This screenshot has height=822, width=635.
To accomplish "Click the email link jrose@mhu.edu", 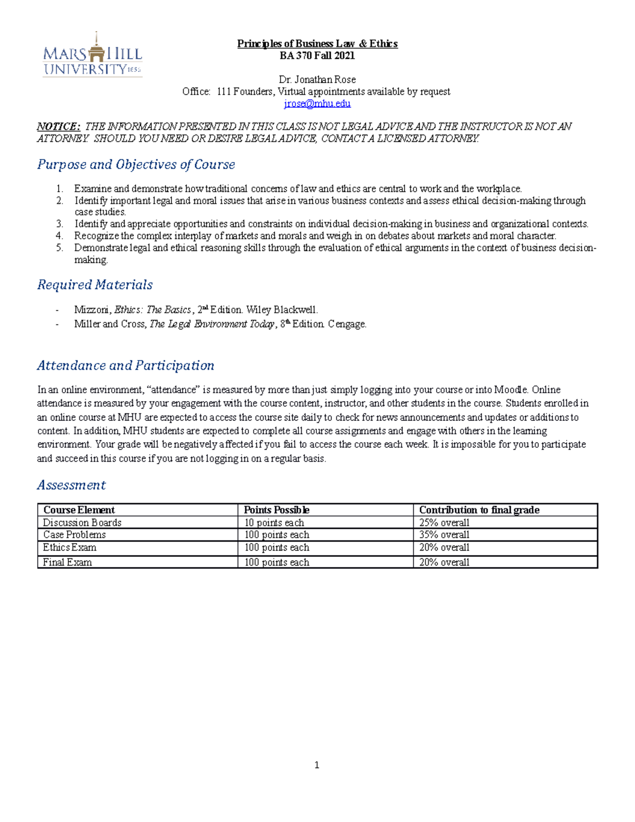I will coord(317,104).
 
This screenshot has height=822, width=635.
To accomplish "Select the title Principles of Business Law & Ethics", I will coord(317,44).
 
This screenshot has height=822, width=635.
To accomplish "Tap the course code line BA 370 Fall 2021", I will coord(317,56).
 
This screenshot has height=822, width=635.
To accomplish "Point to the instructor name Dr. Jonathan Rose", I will coord(317,80).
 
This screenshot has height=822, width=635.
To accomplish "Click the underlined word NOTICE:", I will coord(58,127).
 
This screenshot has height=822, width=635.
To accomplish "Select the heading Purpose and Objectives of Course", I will coord(136,165).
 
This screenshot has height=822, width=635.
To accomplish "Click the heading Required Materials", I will coord(95,285).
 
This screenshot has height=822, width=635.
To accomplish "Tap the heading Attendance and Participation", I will coord(125,366).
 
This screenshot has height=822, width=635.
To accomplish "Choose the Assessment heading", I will coord(71,485).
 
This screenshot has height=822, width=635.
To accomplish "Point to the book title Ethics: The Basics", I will coord(152,310).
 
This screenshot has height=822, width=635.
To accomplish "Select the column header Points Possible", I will coord(276,510).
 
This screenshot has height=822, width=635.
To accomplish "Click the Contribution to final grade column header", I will coord(479,510).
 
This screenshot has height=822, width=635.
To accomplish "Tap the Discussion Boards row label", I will coord(82,523).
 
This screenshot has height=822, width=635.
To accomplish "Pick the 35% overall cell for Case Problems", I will coord(444,535).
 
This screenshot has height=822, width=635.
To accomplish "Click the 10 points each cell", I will coord(274,523).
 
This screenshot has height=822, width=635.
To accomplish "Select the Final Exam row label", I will coord(67,563).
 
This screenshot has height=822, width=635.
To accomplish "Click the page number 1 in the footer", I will coord(316,765).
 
